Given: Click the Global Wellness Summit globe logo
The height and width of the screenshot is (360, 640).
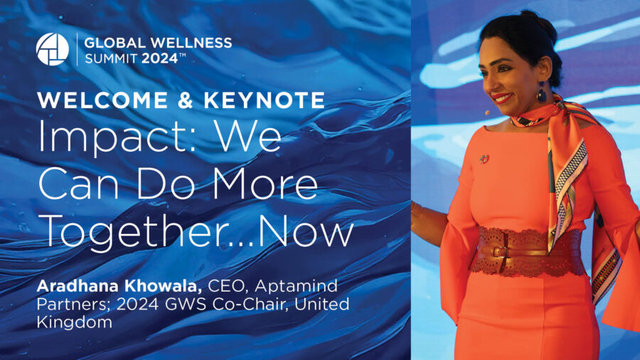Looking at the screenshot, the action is click(x=52, y=49).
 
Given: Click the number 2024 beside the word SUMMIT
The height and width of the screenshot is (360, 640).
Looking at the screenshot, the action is click(x=159, y=58).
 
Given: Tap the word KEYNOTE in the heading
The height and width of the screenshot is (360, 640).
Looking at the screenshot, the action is click(x=265, y=100).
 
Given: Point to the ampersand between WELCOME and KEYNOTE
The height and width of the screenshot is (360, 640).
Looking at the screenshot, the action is click(x=186, y=100).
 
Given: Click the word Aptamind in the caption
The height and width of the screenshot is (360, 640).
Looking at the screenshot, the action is click(x=296, y=286).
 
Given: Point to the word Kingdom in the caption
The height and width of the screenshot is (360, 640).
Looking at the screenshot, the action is click(x=74, y=323).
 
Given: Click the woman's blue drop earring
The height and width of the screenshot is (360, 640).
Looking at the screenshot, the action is click(x=542, y=92).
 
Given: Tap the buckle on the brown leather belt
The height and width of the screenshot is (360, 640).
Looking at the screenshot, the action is click(x=498, y=251).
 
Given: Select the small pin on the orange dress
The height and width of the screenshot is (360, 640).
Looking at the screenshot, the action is click(x=484, y=159).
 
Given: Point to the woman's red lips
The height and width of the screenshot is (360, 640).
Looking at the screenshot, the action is click(x=501, y=98).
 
